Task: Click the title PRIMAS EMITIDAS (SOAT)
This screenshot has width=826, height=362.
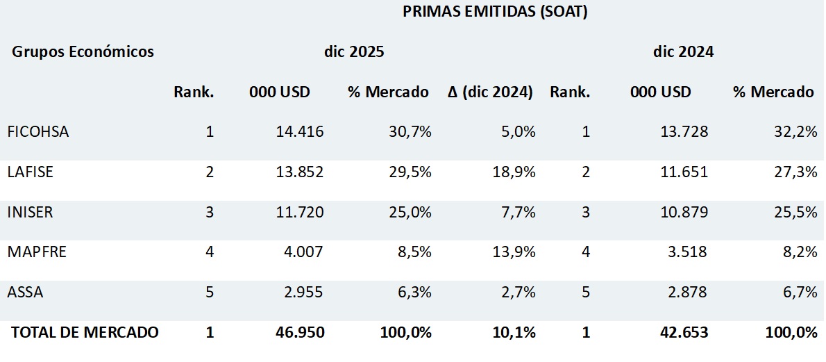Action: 495,12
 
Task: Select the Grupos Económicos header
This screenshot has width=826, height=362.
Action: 83,51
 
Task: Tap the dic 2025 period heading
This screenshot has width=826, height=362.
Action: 354,51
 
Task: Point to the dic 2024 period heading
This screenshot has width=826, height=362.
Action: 684,51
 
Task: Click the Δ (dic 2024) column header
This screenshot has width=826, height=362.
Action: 490,92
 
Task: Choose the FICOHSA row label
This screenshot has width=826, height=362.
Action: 38,131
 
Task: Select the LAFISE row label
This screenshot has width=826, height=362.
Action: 30,172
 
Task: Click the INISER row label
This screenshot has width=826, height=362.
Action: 30,212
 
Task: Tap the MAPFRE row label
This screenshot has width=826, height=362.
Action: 37,252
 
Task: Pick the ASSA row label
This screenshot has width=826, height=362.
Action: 25,292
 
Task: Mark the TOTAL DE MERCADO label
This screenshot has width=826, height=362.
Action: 85,332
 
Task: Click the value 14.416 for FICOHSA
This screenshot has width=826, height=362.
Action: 299,131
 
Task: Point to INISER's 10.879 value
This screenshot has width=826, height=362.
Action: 684,212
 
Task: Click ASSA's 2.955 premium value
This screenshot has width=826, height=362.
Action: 303,292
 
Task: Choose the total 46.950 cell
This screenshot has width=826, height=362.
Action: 299,332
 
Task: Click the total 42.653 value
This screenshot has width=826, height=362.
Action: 684,332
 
